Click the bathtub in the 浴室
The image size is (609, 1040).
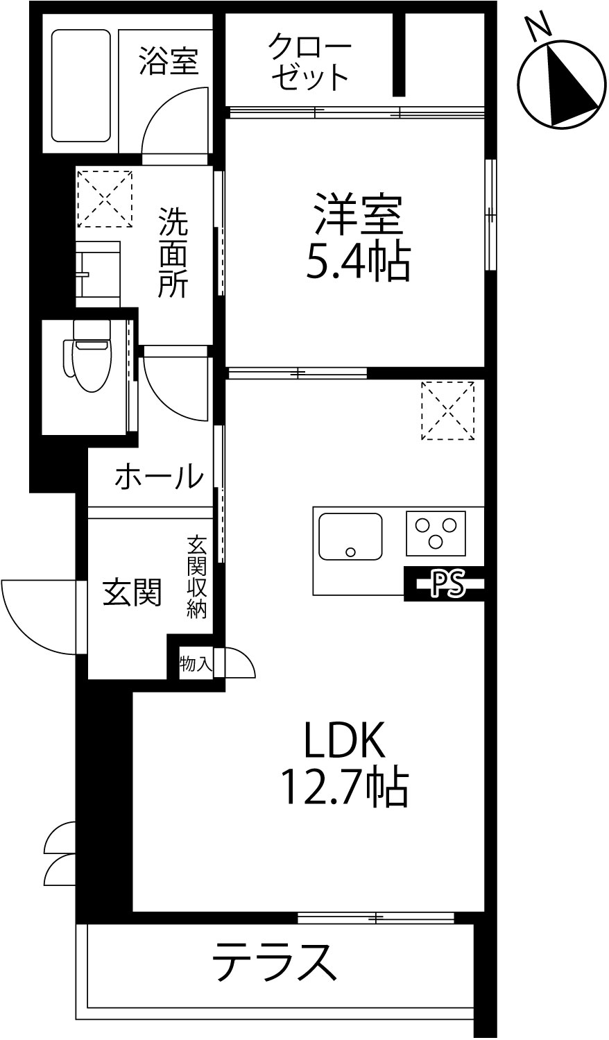click(81, 86)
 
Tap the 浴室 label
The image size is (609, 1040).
click(169, 61)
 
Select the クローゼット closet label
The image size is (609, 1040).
click(309, 61)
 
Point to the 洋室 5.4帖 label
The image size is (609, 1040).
click(358, 237)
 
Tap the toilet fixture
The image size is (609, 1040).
click(88, 355)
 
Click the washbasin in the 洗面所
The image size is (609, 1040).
click(98, 274)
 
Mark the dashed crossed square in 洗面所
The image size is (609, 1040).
click(105, 198)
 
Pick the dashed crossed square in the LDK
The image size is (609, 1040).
click(448, 411)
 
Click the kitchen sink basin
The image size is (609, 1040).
click(350, 536)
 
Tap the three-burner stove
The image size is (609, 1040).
click(436, 533)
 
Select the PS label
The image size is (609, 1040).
click(448, 583)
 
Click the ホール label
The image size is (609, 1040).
click(160, 477)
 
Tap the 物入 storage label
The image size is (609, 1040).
click(196, 664)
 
